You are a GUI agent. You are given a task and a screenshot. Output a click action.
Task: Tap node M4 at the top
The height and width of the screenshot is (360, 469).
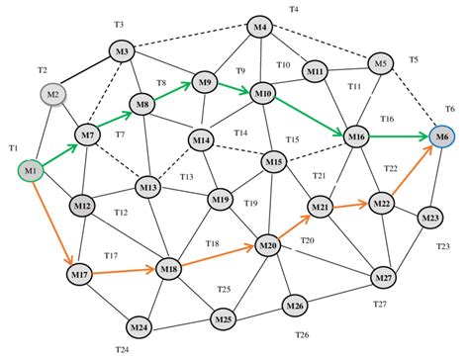coord(260,27)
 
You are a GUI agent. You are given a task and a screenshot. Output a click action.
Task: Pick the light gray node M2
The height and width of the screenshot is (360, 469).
coord(54,94)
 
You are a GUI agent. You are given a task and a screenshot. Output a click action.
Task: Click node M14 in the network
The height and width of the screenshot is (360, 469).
coord(203,141)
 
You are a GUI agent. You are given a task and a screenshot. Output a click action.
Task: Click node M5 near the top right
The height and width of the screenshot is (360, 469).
coord(381,64)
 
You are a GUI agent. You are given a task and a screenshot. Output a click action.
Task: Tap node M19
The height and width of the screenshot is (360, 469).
coord(220,200)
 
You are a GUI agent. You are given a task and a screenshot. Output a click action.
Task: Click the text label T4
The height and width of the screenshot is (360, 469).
coord(293,9)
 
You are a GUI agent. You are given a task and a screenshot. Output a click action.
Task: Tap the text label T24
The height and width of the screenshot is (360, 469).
coord(122,349)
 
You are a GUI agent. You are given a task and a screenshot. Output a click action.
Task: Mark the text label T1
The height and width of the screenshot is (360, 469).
coord(14,147)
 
